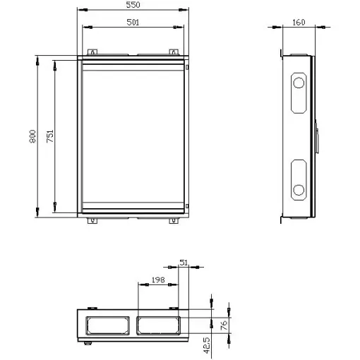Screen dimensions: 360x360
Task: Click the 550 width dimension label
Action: pos(133,5)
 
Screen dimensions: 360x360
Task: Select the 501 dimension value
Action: pos(133,23)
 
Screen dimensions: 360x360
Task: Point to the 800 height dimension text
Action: pos(32,136)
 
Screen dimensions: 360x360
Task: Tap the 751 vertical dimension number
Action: pos(50,136)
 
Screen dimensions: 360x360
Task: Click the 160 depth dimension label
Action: pos(299,23)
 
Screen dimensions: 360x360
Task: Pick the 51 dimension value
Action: pos(184,263)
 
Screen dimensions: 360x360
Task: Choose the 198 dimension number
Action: pos(158,280)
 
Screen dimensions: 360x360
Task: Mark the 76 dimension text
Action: pos(224,325)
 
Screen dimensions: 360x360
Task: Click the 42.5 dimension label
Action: pos(206,345)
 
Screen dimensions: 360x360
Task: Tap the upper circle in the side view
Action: pos(299,83)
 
